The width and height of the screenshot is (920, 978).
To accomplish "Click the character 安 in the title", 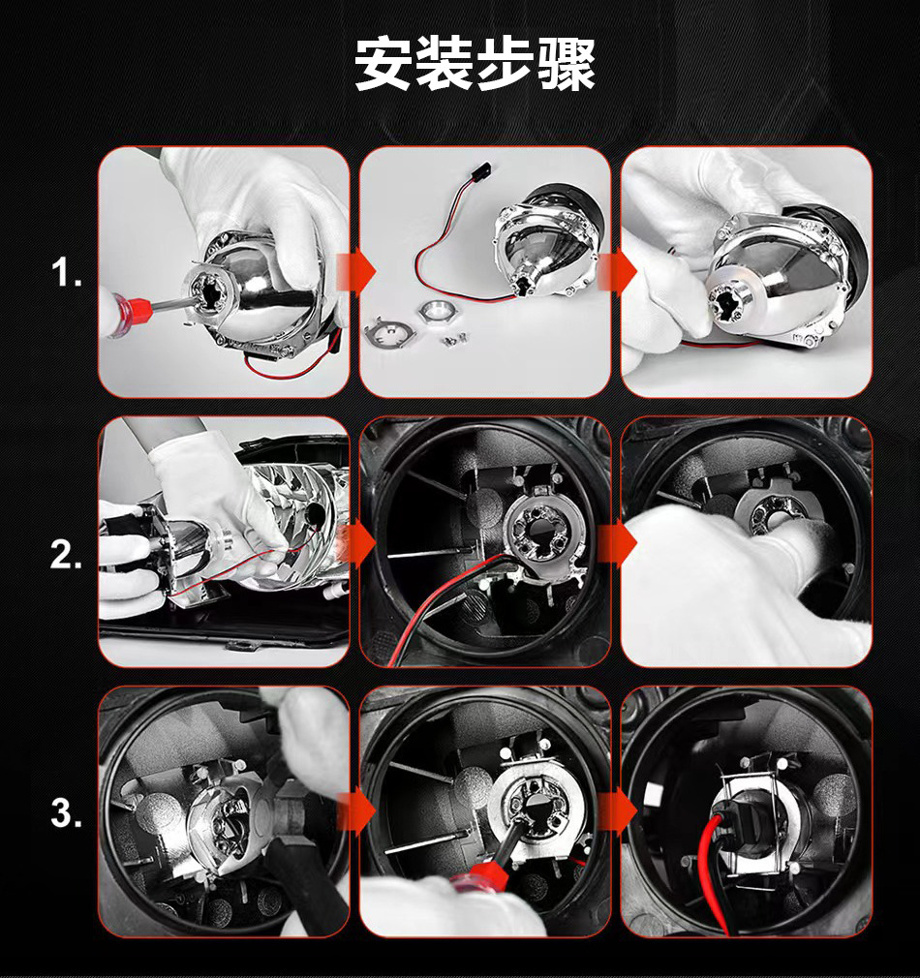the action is pyautogui.click(x=382, y=64).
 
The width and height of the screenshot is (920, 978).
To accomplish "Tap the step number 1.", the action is pyautogui.click(x=66, y=272).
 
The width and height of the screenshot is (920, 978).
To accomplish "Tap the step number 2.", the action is pyautogui.click(x=66, y=555).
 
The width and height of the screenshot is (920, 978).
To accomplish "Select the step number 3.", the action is pyautogui.click(x=66, y=814).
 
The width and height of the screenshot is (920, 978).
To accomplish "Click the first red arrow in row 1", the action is pyautogui.click(x=355, y=272).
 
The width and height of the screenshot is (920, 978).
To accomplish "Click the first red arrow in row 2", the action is pyautogui.click(x=355, y=542).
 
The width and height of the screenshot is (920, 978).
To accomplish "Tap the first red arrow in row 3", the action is pyautogui.click(x=355, y=810).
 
